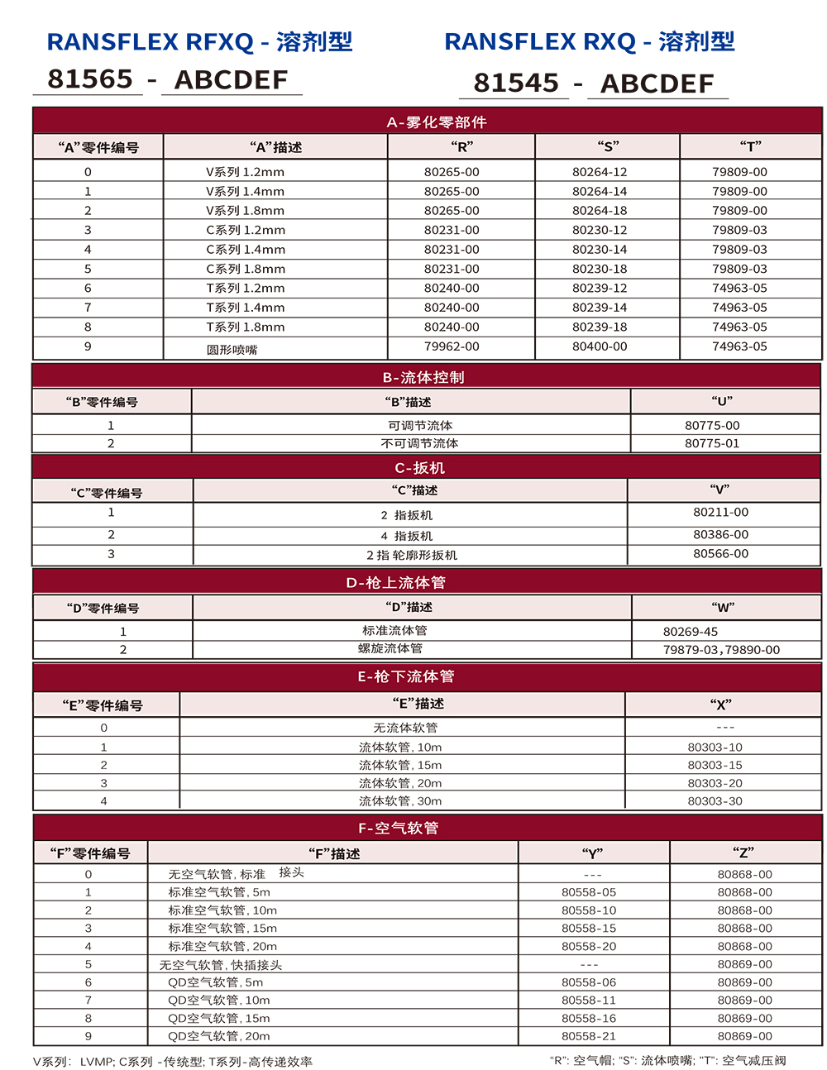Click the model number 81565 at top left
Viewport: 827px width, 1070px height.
[x=90, y=79]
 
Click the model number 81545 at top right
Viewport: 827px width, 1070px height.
[x=516, y=83]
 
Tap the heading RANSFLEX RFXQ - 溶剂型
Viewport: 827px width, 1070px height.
[x=199, y=41]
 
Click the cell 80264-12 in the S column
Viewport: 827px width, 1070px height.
[x=600, y=172]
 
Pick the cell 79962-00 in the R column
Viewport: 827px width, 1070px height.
[x=452, y=346]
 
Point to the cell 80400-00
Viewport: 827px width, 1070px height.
[x=600, y=346]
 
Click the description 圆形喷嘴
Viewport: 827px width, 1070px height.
[x=232, y=350]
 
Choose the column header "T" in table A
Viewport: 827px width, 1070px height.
[x=750, y=147]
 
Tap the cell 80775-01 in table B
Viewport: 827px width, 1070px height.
[x=712, y=443]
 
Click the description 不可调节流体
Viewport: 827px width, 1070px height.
[x=419, y=443]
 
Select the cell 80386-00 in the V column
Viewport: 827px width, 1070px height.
[x=720, y=535]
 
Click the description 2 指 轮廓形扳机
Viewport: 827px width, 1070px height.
[x=412, y=555]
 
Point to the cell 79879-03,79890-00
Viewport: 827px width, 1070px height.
[x=721, y=650]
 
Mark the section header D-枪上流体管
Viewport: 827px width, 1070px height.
[x=395, y=582]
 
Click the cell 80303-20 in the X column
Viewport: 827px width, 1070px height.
[x=715, y=783]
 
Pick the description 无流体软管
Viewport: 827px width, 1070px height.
[x=405, y=728]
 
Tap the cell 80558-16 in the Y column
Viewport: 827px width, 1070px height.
[x=589, y=1018]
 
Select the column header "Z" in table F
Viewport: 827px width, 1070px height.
[x=743, y=853]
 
